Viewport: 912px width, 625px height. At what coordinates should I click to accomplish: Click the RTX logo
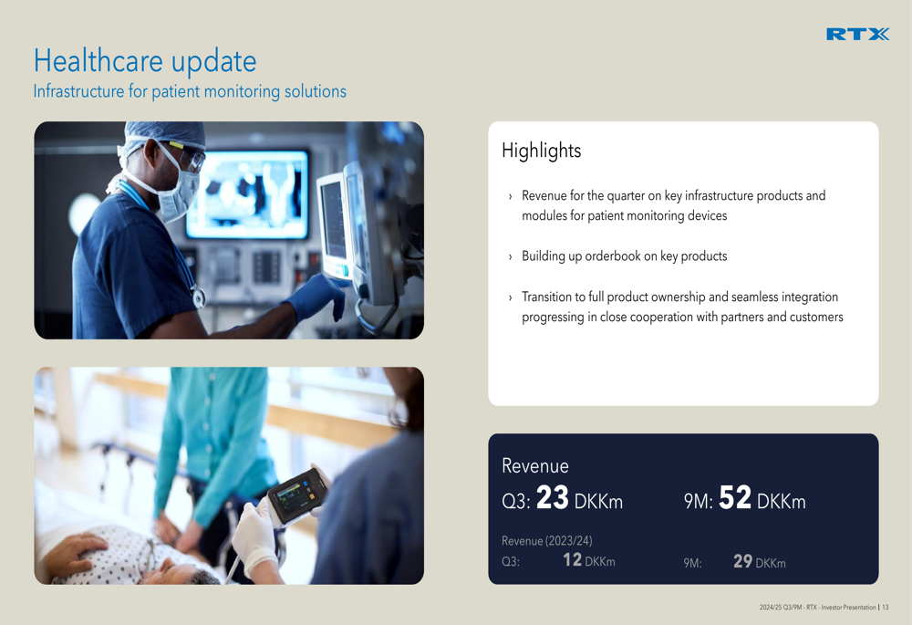point(857,35)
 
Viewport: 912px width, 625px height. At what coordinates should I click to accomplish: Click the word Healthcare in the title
point(98,60)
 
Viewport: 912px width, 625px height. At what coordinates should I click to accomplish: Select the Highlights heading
point(541,151)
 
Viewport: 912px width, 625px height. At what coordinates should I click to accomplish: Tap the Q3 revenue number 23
point(552,497)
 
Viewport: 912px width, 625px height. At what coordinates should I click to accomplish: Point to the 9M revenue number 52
point(734,497)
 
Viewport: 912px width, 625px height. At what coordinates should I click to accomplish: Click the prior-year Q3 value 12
point(573,560)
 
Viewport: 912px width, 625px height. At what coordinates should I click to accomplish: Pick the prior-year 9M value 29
point(742,561)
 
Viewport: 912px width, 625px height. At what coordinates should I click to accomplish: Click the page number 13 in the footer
point(886,607)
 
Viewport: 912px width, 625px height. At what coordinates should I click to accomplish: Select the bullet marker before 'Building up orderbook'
point(510,256)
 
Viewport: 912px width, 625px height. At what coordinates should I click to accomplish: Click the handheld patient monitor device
point(297,496)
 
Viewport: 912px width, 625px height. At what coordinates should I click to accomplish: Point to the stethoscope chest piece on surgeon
point(199,299)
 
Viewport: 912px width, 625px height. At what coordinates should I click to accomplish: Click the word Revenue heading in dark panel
point(535,465)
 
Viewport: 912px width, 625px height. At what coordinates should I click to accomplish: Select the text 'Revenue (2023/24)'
point(546,541)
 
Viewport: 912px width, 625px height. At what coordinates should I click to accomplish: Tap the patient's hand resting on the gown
point(76,554)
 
